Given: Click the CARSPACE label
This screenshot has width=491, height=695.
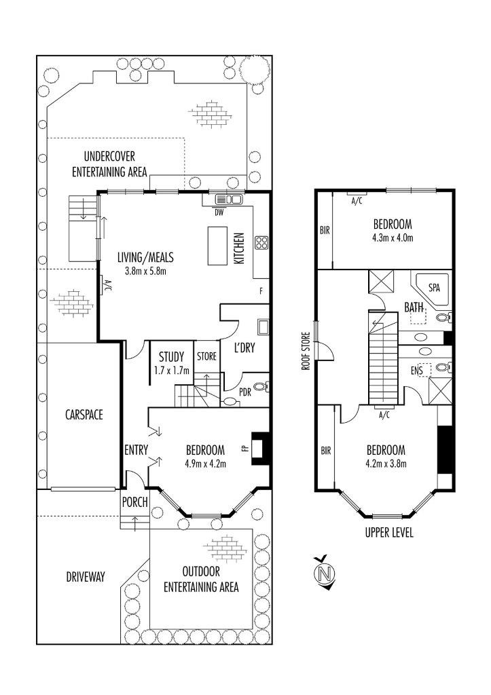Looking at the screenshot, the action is pyautogui.click(x=84, y=415).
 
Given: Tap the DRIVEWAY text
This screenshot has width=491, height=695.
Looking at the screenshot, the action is pyautogui.click(x=85, y=577).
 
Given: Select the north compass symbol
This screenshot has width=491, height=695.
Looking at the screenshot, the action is pyautogui.click(x=324, y=573).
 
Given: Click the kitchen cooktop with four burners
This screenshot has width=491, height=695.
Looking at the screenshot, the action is pyautogui.click(x=261, y=242).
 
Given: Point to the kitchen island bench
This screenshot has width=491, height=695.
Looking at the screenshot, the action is pyautogui.click(x=217, y=246).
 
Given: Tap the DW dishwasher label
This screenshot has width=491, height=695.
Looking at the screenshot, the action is pyautogui.click(x=219, y=212).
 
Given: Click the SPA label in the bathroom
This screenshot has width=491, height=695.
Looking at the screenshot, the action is pyautogui.click(x=434, y=287).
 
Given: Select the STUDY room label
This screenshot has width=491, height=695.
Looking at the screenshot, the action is pyautogui.click(x=171, y=357).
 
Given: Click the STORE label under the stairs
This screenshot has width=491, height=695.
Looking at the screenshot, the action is pyautogui.click(x=206, y=356).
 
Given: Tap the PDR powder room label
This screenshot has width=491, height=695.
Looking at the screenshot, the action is pyautogui.click(x=245, y=392).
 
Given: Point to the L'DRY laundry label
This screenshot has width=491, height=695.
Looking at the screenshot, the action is pyautogui.click(x=244, y=347).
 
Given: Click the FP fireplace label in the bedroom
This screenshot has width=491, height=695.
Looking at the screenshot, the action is pyautogui.click(x=245, y=448).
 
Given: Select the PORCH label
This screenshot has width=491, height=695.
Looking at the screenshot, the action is pyautogui.click(x=135, y=502).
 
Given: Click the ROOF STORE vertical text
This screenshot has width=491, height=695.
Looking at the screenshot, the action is pyautogui.click(x=305, y=351).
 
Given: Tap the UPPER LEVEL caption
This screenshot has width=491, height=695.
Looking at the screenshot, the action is pyautogui.click(x=389, y=532).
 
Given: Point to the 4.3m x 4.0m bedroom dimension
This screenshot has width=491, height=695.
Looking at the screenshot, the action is pyautogui.click(x=393, y=238).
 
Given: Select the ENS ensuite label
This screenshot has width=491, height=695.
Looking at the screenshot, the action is pyautogui.click(x=416, y=370).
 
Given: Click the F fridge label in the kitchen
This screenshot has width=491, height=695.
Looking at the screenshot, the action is pyautogui.click(x=261, y=291).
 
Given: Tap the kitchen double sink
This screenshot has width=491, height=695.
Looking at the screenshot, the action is pyautogui.click(x=228, y=200).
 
